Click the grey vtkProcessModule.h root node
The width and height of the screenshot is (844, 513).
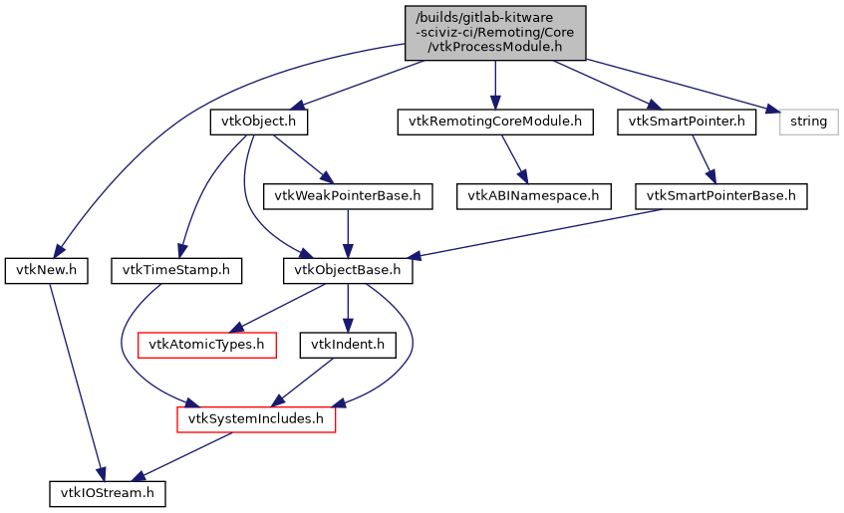click(x=494, y=32)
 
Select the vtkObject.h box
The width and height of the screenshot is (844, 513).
click(x=258, y=122)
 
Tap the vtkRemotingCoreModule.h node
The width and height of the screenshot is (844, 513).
click(x=494, y=122)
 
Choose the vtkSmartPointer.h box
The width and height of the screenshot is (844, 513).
click(x=687, y=122)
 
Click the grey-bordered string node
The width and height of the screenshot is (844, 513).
click(x=808, y=122)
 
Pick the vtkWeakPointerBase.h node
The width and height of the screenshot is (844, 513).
click(x=346, y=196)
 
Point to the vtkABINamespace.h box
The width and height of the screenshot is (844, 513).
click(x=533, y=196)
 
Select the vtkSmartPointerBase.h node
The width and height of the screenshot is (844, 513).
click(x=720, y=196)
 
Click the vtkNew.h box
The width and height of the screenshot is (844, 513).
click(x=46, y=270)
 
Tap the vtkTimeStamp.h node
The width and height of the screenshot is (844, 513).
click(x=175, y=270)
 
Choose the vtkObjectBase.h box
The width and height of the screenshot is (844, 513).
click(x=347, y=270)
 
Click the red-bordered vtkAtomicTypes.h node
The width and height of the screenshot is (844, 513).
click(x=205, y=345)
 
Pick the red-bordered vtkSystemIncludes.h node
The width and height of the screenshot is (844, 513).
click(x=256, y=419)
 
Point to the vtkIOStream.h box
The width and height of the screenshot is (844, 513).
click(x=109, y=493)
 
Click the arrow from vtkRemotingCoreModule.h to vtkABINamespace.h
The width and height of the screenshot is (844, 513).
click(x=513, y=158)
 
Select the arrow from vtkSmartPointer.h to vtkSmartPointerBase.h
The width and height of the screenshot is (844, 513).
click(x=703, y=158)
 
